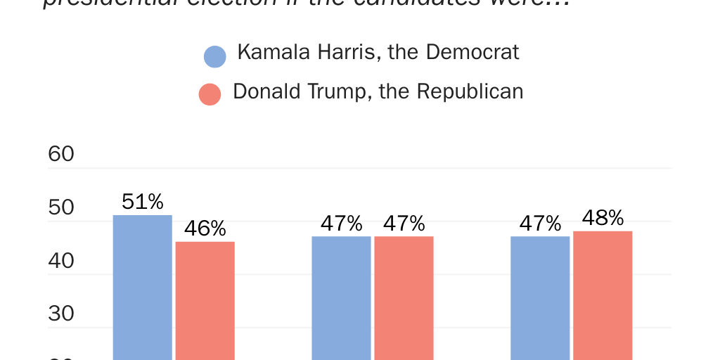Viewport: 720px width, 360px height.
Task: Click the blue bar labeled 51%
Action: click(143, 288)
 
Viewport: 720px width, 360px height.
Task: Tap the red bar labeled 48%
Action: click(603, 295)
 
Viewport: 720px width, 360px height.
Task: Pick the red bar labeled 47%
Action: click(404, 298)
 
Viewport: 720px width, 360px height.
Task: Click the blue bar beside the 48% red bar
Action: click(540, 298)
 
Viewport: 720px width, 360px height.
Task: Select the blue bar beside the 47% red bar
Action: click(341, 298)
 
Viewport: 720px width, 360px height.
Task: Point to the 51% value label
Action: click(143, 202)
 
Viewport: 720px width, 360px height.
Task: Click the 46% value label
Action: click(205, 229)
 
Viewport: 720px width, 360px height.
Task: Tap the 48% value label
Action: click(603, 218)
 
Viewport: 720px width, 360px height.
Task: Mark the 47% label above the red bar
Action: click(404, 224)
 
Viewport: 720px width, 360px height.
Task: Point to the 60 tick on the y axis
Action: click(61, 154)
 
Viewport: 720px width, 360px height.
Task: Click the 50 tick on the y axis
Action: click(61, 207)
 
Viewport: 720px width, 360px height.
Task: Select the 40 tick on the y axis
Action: click(61, 261)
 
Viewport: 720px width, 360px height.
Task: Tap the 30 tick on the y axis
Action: click(61, 314)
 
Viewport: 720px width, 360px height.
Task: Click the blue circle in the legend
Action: click(214, 56)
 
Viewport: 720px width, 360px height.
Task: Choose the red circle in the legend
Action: click(210, 94)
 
